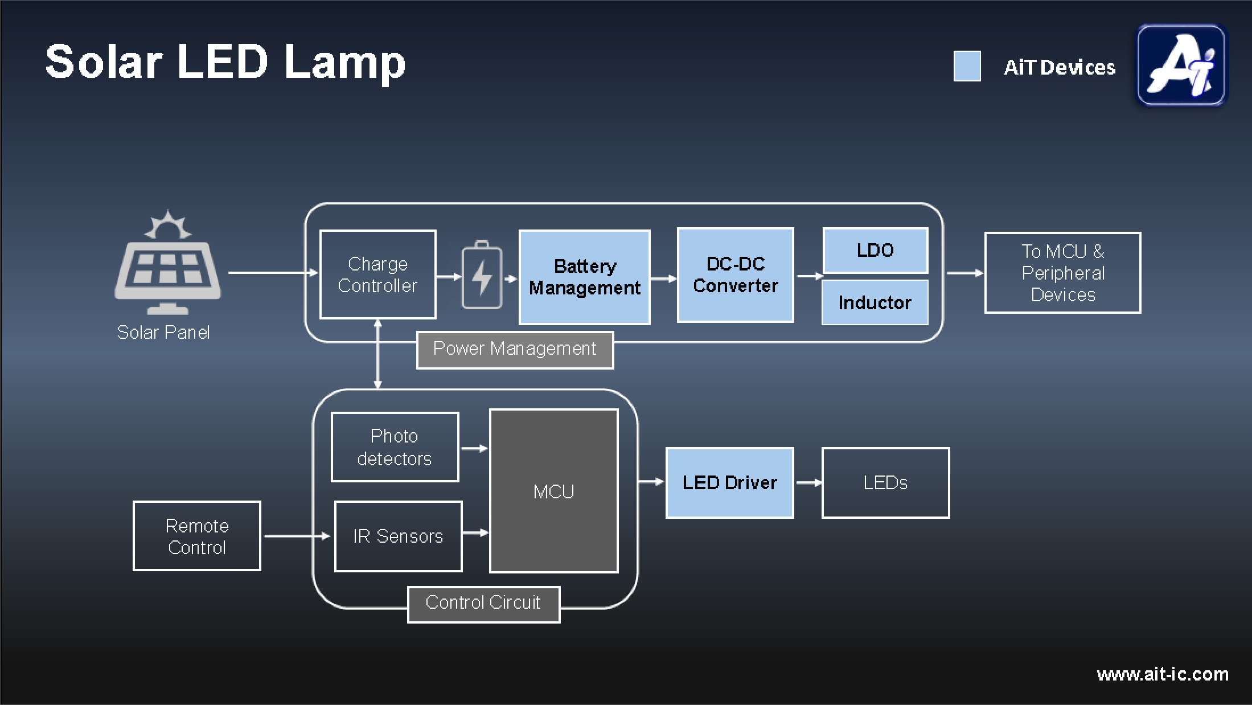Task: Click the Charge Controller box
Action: [x=377, y=274]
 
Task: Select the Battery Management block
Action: [x=584, y=277]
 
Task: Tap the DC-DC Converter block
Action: [x=735, y=275]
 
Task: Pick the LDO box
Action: [x=875, y=251]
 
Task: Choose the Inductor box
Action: [x=875, y=302]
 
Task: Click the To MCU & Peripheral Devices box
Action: [x=1062, y=273]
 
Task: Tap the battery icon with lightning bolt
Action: [x=482, y=275]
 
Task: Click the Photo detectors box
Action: [x=395, y=447]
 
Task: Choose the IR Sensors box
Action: [x=398, y=536]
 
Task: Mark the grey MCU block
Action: [x=553, y=491]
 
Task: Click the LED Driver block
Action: [x=729, y=483]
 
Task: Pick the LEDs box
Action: [x=885, y=483]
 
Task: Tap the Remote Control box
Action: [x=197, y=536]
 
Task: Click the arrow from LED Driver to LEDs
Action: [x=808, y=483]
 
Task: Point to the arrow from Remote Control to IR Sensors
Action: [x=297, y=536]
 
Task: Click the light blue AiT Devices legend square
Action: [x=967, y=66]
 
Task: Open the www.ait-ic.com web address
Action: [x=1162, y=674]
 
